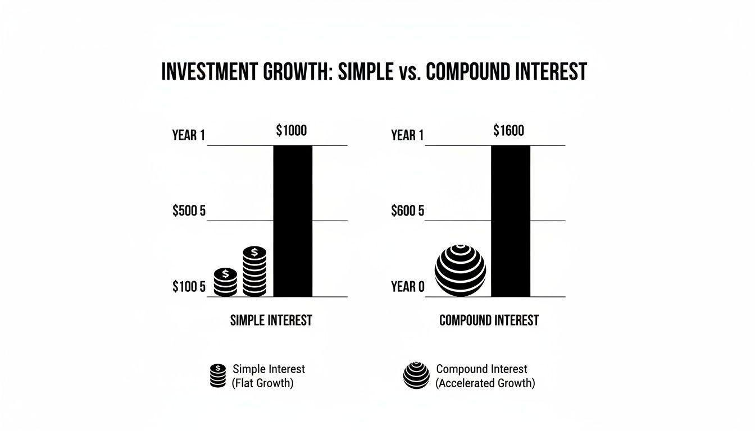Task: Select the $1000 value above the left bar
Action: (292, 131)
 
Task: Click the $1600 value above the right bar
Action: (508, 131)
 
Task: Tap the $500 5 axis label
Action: (189, 212)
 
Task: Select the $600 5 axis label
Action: (407, 212)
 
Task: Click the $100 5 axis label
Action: (189, 287)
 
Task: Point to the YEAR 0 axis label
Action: (407, 287)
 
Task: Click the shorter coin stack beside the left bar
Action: (225, 282)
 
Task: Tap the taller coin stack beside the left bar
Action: (254, 271)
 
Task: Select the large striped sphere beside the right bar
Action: (460, 270)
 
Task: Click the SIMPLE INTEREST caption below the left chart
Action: (271, 320)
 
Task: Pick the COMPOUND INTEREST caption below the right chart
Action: (489, 320)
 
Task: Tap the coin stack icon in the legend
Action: (217, 375)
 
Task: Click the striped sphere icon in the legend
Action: (416, 375)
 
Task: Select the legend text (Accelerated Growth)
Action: (485, 384)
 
